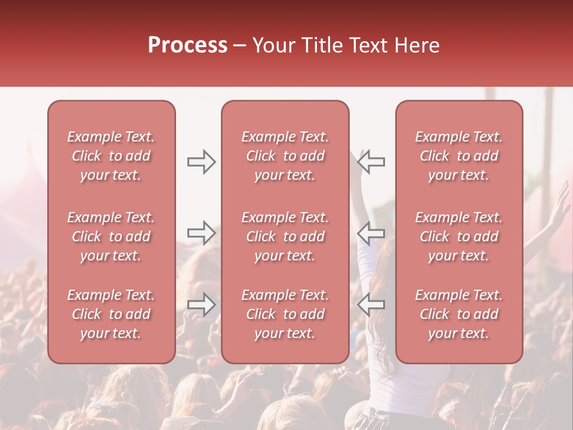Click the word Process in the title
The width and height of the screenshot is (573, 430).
coord(187,45)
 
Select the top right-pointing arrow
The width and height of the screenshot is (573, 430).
coord(202,162)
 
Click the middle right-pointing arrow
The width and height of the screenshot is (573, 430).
coord(202,232)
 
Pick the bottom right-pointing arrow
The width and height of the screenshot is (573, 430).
coord(202,304)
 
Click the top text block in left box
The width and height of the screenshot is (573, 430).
coord(111,156)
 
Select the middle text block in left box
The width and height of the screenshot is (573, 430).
coord(111,236)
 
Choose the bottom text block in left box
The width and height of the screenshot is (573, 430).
coord(111,314)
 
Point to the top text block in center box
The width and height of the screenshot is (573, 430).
coord(285,156)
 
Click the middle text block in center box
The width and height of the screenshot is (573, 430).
coord(285,236)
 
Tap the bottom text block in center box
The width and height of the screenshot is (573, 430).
coord(285,314)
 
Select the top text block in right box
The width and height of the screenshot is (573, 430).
coord(459,156)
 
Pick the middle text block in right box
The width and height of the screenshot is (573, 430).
coord(459,236)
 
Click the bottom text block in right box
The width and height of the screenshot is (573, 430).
coord(459,314)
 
